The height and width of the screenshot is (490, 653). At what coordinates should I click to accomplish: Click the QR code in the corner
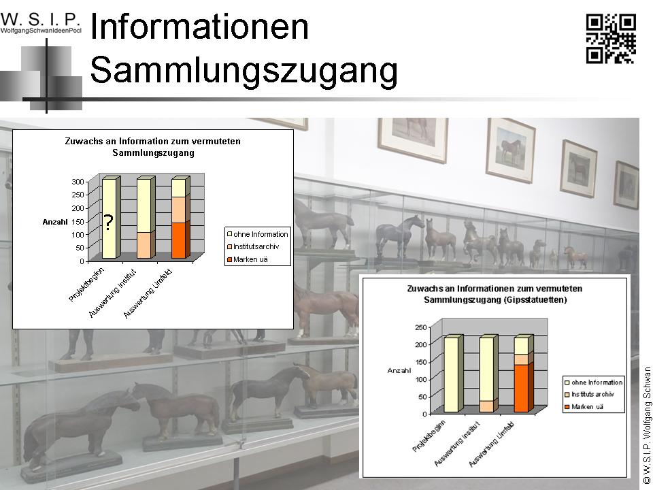click(611, 38)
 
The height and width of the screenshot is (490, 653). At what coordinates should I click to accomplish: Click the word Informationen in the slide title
click(199, 27)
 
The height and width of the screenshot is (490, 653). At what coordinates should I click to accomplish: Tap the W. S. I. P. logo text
click(40, 19)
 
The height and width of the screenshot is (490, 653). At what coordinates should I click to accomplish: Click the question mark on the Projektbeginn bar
click(108, 223)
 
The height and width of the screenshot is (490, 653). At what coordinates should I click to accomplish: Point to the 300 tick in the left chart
click(78, 182)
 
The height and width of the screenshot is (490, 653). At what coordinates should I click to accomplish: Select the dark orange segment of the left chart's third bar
click(179, 240)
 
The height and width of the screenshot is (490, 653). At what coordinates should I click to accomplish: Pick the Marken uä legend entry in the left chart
click(247, 259)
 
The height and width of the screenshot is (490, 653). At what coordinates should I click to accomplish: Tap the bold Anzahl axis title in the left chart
click(54, 222)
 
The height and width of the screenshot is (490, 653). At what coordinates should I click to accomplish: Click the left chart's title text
click(153, 147)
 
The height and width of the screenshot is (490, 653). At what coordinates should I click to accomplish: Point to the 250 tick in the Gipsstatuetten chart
click(421, 327)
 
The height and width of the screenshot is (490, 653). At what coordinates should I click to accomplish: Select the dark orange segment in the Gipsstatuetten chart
click(522, 389)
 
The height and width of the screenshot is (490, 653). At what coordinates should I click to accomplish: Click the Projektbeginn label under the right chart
click(429, 436)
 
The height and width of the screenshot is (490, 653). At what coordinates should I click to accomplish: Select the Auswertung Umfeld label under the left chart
click(148, 294)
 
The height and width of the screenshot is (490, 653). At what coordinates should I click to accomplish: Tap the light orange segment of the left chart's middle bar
click(144, 246)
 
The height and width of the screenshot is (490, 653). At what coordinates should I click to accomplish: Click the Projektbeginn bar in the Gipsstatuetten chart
click(452, 374)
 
